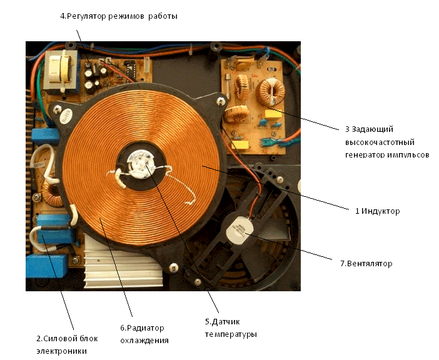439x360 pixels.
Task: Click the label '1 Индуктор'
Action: (x=377, y=211)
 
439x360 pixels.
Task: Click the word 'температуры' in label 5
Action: (x=231, y=334)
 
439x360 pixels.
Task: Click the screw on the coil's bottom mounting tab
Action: (x=197, y=281)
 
